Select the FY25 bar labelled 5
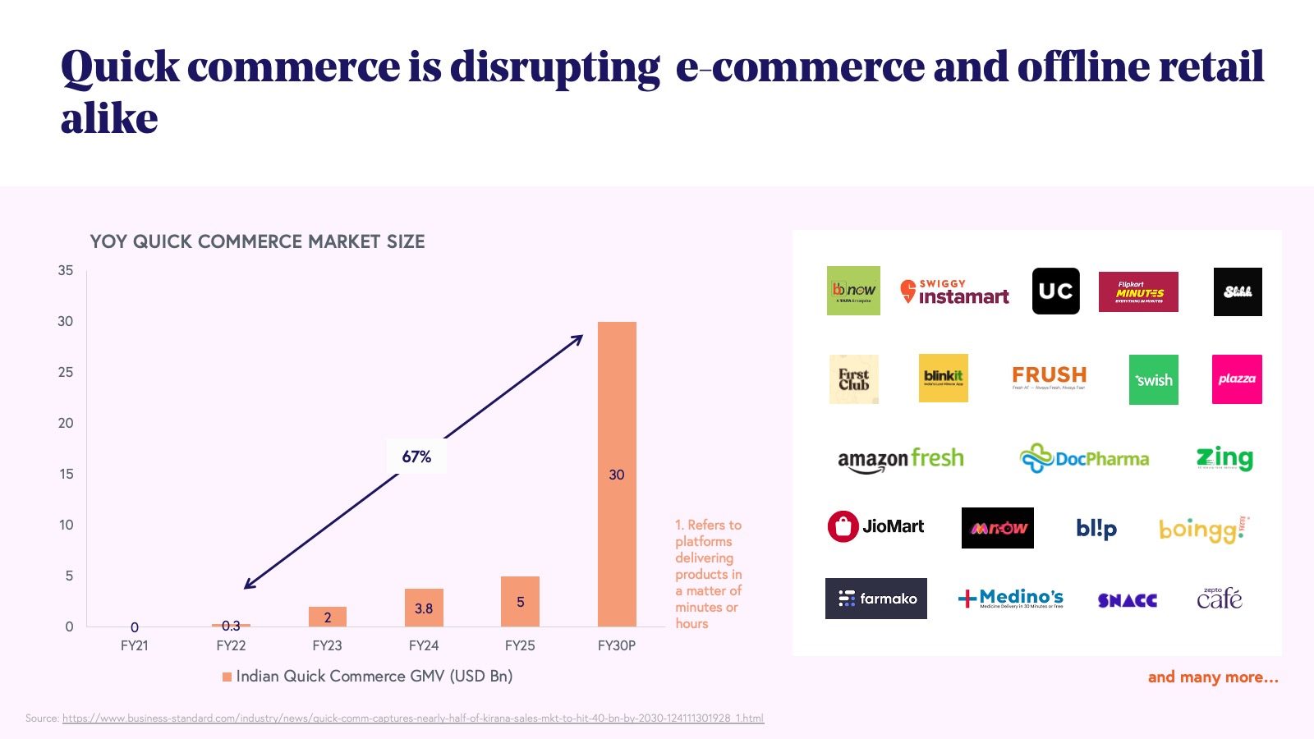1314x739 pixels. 520,601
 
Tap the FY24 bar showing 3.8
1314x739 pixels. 424,608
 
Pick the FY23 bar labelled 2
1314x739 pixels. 328,617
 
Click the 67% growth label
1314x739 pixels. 416,457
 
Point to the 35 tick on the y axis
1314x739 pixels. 66,270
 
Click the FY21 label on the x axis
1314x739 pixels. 135,645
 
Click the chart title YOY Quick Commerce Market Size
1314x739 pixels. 257,241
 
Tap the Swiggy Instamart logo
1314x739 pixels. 954,291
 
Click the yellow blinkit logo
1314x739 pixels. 943,378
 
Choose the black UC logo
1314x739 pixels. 1055,291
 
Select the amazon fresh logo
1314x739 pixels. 900,459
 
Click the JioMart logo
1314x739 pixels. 875,526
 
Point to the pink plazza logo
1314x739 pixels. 1237,379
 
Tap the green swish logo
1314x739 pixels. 1153,379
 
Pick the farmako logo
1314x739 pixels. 875,599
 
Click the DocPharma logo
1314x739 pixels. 1084,458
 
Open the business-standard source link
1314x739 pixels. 413,718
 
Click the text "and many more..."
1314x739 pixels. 1212,677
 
